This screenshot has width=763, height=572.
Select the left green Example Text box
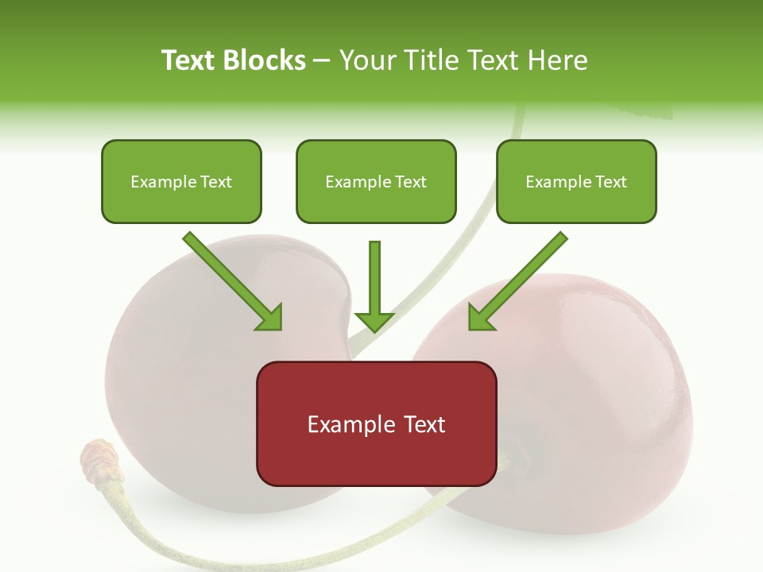(181, 182)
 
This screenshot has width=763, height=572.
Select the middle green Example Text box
(376, 182)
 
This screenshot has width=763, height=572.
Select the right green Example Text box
(576, 182)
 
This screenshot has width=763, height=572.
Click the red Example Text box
(376, 424)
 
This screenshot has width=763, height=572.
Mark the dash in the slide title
(322, 61)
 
